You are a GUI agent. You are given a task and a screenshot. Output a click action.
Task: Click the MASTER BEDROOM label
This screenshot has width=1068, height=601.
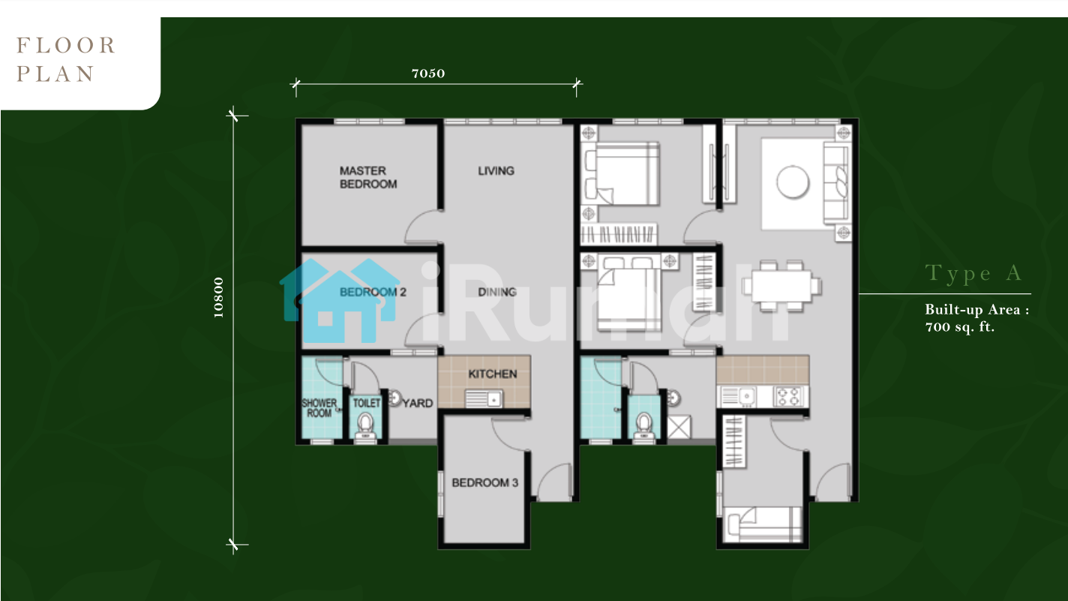[368, 177]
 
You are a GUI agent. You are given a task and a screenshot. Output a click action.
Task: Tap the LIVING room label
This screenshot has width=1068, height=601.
[496, 171]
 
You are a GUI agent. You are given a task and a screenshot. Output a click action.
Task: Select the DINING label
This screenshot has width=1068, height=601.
[497, 292]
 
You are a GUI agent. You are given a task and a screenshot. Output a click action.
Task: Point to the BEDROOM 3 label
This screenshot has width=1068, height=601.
[485, 482]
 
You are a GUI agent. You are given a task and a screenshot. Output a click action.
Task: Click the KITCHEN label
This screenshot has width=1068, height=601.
[493, 374]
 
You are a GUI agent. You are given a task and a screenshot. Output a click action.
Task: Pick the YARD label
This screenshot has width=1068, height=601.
[418, 404]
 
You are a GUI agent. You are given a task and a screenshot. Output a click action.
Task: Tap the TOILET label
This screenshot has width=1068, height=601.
[367, 403]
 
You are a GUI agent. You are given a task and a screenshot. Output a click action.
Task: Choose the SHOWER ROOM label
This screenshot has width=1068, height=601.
[319, 408]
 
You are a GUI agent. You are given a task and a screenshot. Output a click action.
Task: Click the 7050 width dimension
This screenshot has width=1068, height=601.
[428, 74]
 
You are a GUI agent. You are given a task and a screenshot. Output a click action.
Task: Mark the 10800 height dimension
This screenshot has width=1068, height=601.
[218, 298]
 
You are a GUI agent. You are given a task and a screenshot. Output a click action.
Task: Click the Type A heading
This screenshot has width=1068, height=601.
[973, 274]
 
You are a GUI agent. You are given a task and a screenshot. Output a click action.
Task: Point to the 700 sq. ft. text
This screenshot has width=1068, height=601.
[960, 327]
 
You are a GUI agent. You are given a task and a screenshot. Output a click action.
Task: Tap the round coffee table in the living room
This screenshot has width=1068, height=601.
[793, 182]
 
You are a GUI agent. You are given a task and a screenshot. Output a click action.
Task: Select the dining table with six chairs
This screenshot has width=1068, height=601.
[782, 286]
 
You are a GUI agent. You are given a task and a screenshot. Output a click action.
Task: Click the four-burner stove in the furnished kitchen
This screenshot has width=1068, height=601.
[788, 396]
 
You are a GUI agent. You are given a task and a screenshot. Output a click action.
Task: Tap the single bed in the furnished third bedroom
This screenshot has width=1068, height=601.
[763, 524]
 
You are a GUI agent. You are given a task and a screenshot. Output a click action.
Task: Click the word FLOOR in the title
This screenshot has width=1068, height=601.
[66, 46]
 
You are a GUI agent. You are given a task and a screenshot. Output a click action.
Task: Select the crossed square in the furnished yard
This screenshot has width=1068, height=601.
[679, 428]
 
